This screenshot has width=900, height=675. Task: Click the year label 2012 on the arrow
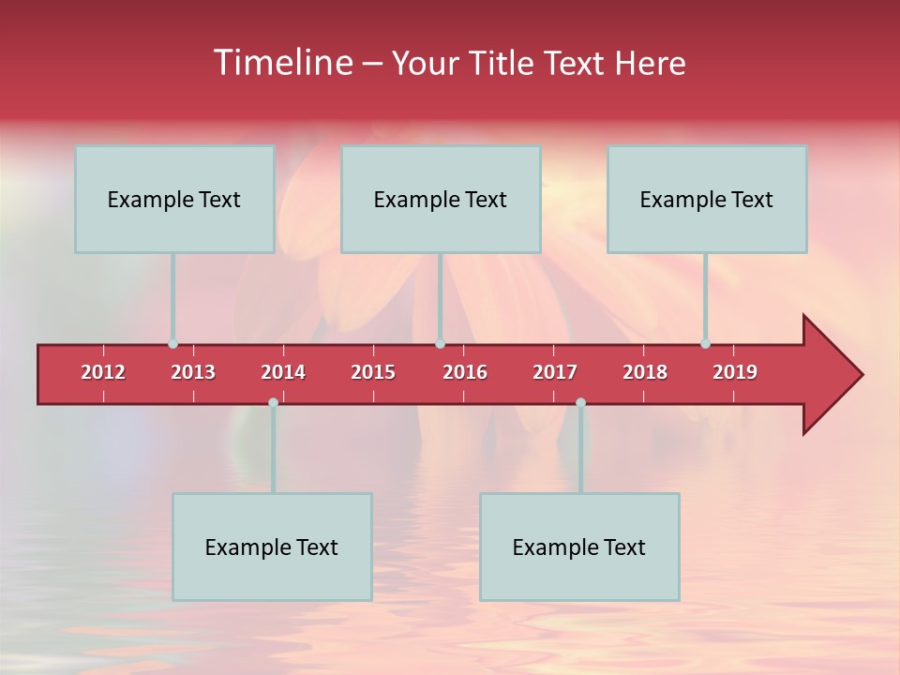point(103,372)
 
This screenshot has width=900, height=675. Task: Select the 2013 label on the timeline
point(193,372)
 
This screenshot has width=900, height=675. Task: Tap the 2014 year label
point(283,372)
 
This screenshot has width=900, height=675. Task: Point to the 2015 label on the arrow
point(373,372)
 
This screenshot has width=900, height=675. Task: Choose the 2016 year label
point(465,372)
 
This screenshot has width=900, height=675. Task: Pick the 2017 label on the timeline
point(555,372)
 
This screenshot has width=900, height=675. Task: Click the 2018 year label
point(645,372)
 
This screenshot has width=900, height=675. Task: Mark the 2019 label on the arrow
point(735,372)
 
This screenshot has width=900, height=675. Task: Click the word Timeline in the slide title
point(282,63)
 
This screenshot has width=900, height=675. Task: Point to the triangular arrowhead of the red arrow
point(830,375)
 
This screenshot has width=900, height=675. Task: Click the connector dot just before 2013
point(172,344)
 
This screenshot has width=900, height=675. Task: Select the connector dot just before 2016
point(440,344)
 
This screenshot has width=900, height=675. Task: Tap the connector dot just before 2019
point(705,344)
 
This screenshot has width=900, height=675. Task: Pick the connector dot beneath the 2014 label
point(273,403)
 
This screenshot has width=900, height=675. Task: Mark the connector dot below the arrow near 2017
point(580,403)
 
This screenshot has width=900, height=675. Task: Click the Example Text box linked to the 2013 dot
point(174,199)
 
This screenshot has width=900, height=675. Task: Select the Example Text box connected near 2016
point(441,199)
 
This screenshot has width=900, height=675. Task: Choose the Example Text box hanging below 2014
point(272,547)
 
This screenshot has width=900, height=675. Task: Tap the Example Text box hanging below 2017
point(579,547)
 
